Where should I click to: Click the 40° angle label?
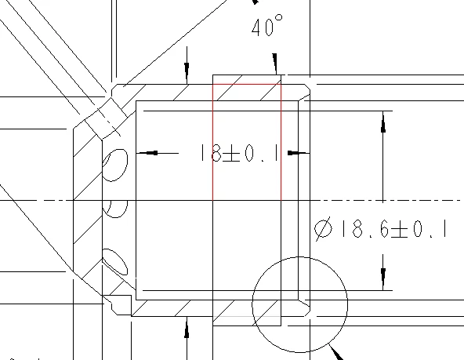267,26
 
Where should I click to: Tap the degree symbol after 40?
279,18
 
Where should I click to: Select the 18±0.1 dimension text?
239,153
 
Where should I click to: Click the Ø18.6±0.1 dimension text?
380,229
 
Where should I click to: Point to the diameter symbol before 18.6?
323,229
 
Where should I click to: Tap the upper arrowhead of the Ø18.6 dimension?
383,122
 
